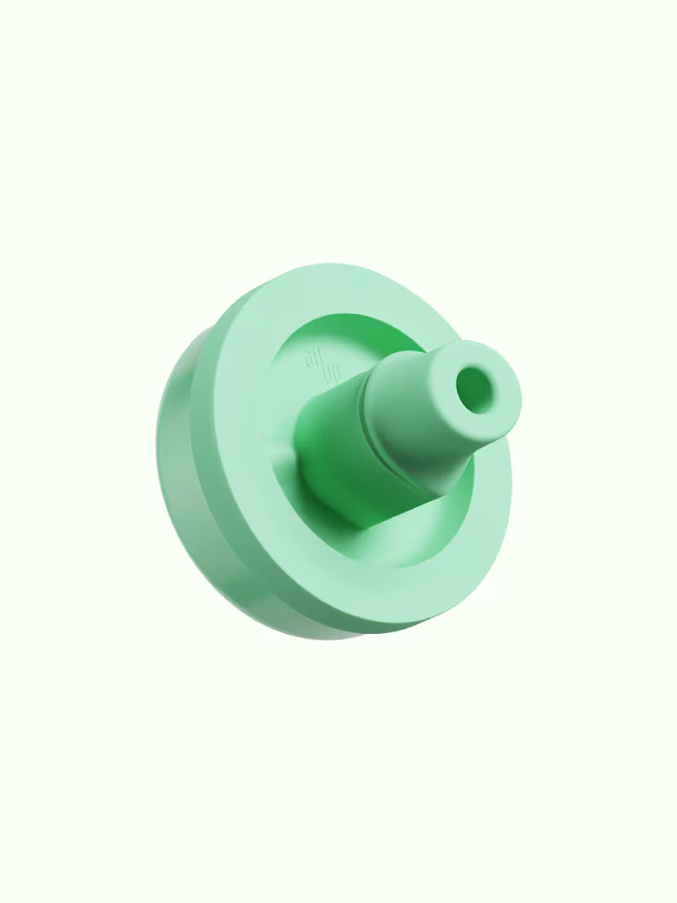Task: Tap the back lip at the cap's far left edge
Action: click(x=161, y=442)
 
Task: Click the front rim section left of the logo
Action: click(x=245, y=384)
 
